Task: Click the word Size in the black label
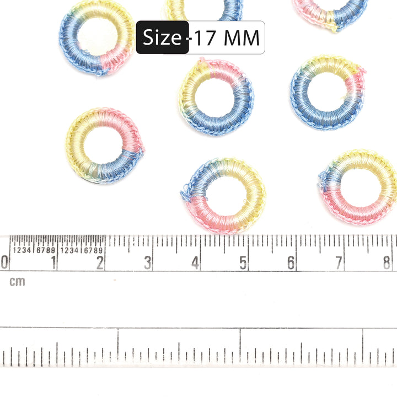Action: pos(162,37)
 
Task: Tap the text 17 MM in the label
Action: pos(227,38)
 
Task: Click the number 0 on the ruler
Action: pos(4,262)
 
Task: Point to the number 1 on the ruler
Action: pos(53,262)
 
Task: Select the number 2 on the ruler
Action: pos(100,262)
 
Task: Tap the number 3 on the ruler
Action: pos(148,262)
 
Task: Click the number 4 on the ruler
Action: pos(195,262)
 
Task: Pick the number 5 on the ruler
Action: pos(243,262)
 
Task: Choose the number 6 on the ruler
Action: pos(291,262)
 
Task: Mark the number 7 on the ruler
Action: pos(339,262)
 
